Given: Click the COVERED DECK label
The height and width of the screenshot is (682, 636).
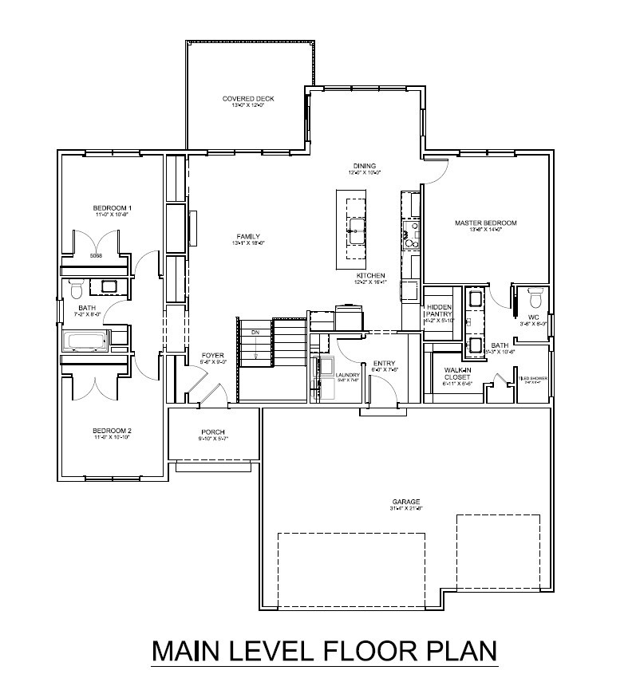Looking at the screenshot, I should [x=247, y=99].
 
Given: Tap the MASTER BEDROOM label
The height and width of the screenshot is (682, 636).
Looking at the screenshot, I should [x=486, y=223].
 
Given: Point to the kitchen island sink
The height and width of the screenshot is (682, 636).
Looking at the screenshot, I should [x=354, y=234].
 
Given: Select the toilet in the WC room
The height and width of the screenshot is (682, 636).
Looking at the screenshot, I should [x=535, y=298].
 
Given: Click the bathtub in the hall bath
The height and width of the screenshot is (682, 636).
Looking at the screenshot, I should [x=86, y=341].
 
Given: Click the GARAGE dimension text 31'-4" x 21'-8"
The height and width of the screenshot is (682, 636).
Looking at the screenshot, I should [x=405, y=508].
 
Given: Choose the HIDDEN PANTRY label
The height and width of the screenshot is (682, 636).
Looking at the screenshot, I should [x=439, y=310].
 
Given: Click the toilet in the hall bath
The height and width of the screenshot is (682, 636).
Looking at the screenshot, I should [x=77, y=288].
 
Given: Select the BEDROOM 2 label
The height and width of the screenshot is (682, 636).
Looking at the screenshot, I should [x=111, y=431].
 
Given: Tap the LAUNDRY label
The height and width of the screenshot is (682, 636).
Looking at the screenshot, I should [x=348, y=374].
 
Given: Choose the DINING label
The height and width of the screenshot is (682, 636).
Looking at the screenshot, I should [x=365, y=166].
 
